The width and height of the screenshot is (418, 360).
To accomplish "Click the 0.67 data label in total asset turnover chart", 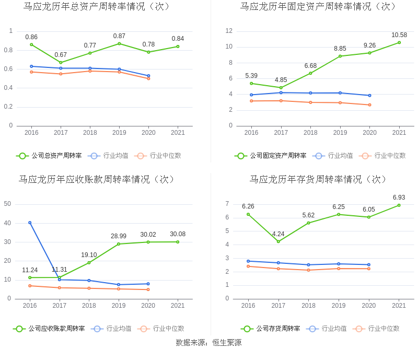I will click(x=61, y=55).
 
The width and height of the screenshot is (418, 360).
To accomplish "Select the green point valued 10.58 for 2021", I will click(x=399, y=42).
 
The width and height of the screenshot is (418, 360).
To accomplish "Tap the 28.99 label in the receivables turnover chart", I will click(x=119, y=236).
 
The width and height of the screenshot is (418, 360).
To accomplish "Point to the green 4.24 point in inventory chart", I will click(x=278, y=241).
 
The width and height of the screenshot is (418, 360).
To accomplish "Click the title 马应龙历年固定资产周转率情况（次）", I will click(x=318, y=7).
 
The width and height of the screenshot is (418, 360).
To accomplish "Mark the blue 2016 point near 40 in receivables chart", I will click(x=30, y=223).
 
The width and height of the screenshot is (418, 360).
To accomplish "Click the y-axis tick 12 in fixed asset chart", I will click(x=229, y=31).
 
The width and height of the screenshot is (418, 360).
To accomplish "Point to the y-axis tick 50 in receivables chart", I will click(x=8, y=204).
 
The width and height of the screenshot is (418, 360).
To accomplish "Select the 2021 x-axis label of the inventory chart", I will click(x=399, y=306).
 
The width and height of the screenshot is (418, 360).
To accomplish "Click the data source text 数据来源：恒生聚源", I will click(x=208, y=343).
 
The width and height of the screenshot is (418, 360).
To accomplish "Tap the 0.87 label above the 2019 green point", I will click(x=119, y=36).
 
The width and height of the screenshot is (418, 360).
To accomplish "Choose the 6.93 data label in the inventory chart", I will click(x=399, y=198).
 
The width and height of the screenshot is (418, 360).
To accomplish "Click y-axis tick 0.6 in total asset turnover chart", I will click(x=8, y=69).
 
